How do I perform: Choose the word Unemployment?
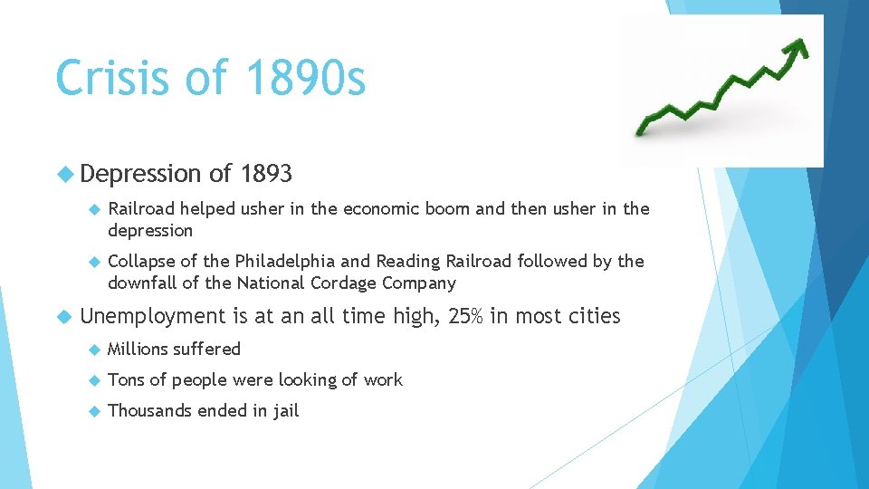click(x=151, y=316)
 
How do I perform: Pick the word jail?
click(x=282, y=410)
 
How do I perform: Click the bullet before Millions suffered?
click(x=94, y=349)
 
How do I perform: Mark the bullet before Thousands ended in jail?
click(x=94, y=410)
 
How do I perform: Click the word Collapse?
click(x=141, y=261)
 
